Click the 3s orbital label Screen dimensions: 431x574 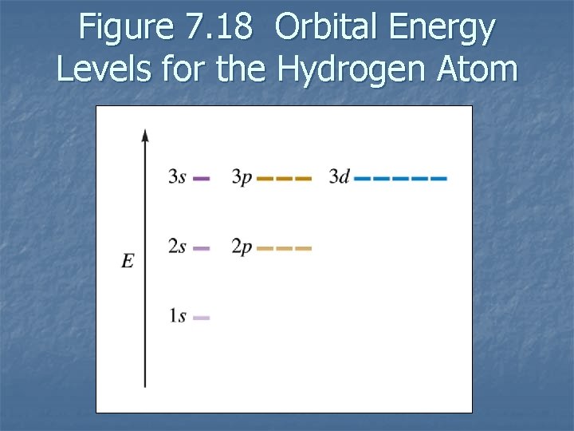click(177, 177)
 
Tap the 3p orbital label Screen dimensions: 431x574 click(242, 177)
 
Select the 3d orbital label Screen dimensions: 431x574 click(339, 177)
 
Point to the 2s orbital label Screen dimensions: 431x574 click(177, 247)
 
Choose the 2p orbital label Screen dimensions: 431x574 click(242, 247)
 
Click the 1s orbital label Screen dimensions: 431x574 click(177, 317)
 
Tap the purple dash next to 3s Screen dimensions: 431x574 click(202, 179)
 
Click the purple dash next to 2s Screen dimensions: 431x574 click(202, 248)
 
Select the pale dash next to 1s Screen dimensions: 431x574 click(202, 318)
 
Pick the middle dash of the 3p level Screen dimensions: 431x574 click(284, 179)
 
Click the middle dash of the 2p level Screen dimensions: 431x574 click(284, 248)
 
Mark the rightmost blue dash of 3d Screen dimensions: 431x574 click(438, 179)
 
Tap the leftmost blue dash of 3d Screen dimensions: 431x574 click(362, 179)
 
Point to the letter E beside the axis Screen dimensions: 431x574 click(128, 261)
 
